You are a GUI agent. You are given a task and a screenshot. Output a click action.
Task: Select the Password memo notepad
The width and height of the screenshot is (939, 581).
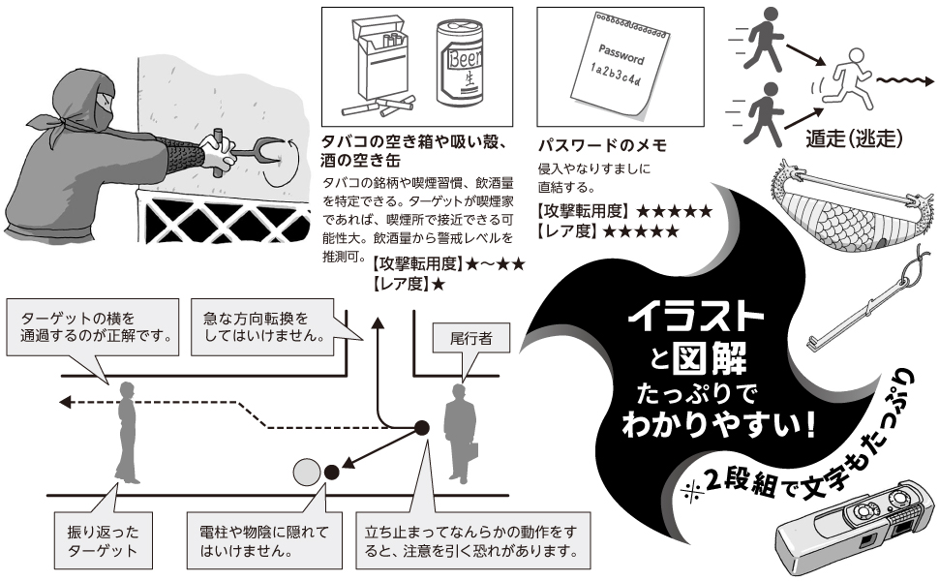pos(621,64)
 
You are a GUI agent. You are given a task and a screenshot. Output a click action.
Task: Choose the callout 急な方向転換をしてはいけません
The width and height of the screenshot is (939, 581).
pos(263,326)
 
